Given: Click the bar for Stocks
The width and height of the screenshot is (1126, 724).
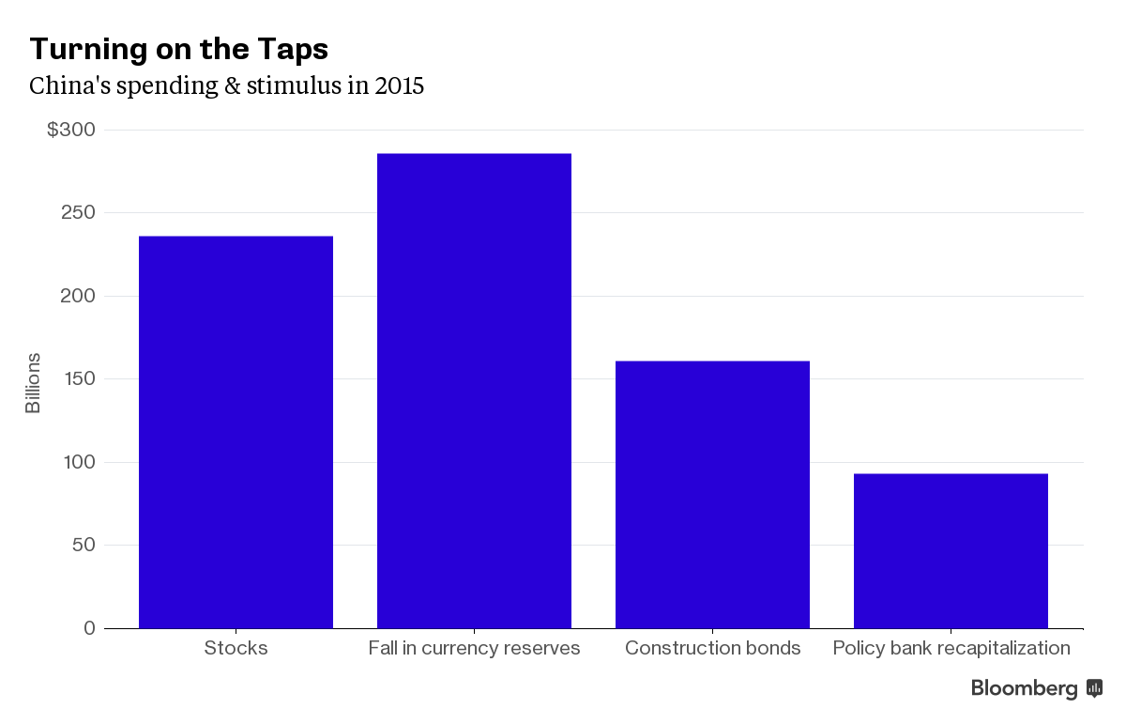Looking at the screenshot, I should point(236,432).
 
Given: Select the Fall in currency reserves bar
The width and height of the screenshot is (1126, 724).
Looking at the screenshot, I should point(474,391).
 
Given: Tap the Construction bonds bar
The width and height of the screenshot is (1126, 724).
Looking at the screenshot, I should point(712,494).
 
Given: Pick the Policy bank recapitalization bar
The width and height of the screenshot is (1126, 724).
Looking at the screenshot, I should point(951,550).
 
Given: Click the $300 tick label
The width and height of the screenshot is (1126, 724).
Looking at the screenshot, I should point(71,130).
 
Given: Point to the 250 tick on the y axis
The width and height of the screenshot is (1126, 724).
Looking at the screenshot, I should point(78,213).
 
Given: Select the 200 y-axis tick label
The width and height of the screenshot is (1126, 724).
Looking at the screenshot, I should point(78,296).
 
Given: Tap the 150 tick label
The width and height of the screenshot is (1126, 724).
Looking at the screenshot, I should point(78,379).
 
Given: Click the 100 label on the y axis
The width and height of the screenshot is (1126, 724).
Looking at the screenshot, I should point(78,462).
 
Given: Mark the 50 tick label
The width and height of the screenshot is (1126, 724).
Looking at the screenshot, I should point(84,546).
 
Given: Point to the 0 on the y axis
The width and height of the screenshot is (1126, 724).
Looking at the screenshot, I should point(89,628).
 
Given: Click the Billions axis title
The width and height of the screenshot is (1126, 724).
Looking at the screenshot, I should point(33,383).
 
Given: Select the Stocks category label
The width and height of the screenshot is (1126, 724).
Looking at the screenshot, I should point(236,648).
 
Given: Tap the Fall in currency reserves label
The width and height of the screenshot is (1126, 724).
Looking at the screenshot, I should point(474,648).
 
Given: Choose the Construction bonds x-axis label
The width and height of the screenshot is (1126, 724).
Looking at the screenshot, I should point(712,648).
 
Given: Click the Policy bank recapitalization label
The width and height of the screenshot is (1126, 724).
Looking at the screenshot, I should point(951,648).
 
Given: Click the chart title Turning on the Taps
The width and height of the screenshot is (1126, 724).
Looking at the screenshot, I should point(179,49).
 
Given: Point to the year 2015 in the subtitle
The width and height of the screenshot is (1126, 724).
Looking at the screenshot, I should point(400,86).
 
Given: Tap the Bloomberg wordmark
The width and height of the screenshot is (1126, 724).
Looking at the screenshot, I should point(1024,689).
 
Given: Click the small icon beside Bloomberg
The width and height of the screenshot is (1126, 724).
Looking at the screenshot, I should point(1094,688).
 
